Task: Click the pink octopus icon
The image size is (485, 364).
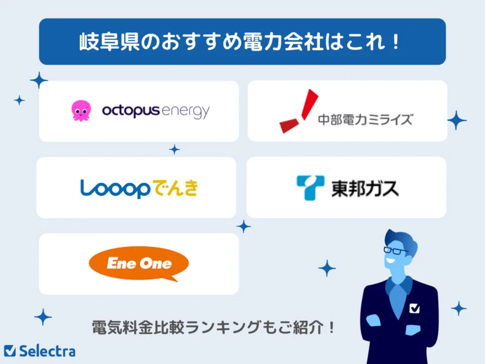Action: point(81,111)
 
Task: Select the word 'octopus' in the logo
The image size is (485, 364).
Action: point(131,111)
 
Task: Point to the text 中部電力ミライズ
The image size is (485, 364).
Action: point(364,119)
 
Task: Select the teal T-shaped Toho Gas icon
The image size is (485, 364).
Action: point(310,188)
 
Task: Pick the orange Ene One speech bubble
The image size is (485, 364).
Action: point(139,263)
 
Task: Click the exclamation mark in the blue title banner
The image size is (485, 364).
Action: point(395,42)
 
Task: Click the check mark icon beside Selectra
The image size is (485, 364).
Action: point(9,351)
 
